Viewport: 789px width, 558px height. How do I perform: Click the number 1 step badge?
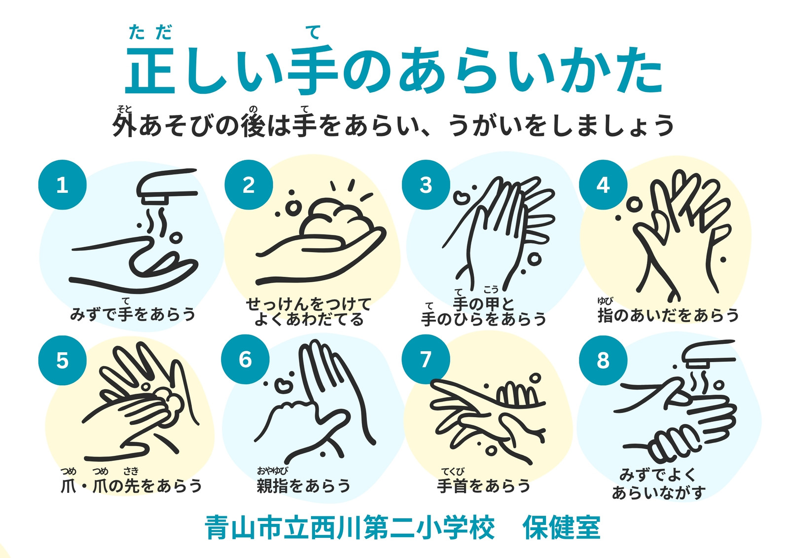pos(62,185)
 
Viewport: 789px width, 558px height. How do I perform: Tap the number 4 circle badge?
pos(603,185)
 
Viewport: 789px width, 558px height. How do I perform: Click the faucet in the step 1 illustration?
pos(166,187)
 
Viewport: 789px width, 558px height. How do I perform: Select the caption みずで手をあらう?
pos(133,313)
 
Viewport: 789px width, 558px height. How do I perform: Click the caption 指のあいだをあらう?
pos(668,314)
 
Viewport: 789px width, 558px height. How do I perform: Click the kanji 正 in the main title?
pos(151,71)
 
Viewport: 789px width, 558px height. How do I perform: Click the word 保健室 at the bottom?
pos(562,528)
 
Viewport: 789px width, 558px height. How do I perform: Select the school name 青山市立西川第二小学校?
pos(350,528)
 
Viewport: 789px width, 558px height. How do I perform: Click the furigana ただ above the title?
pos(150,33)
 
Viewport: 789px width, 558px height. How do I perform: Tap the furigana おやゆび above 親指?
pos(272,471)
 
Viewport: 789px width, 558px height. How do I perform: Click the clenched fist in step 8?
pos(676,444)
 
